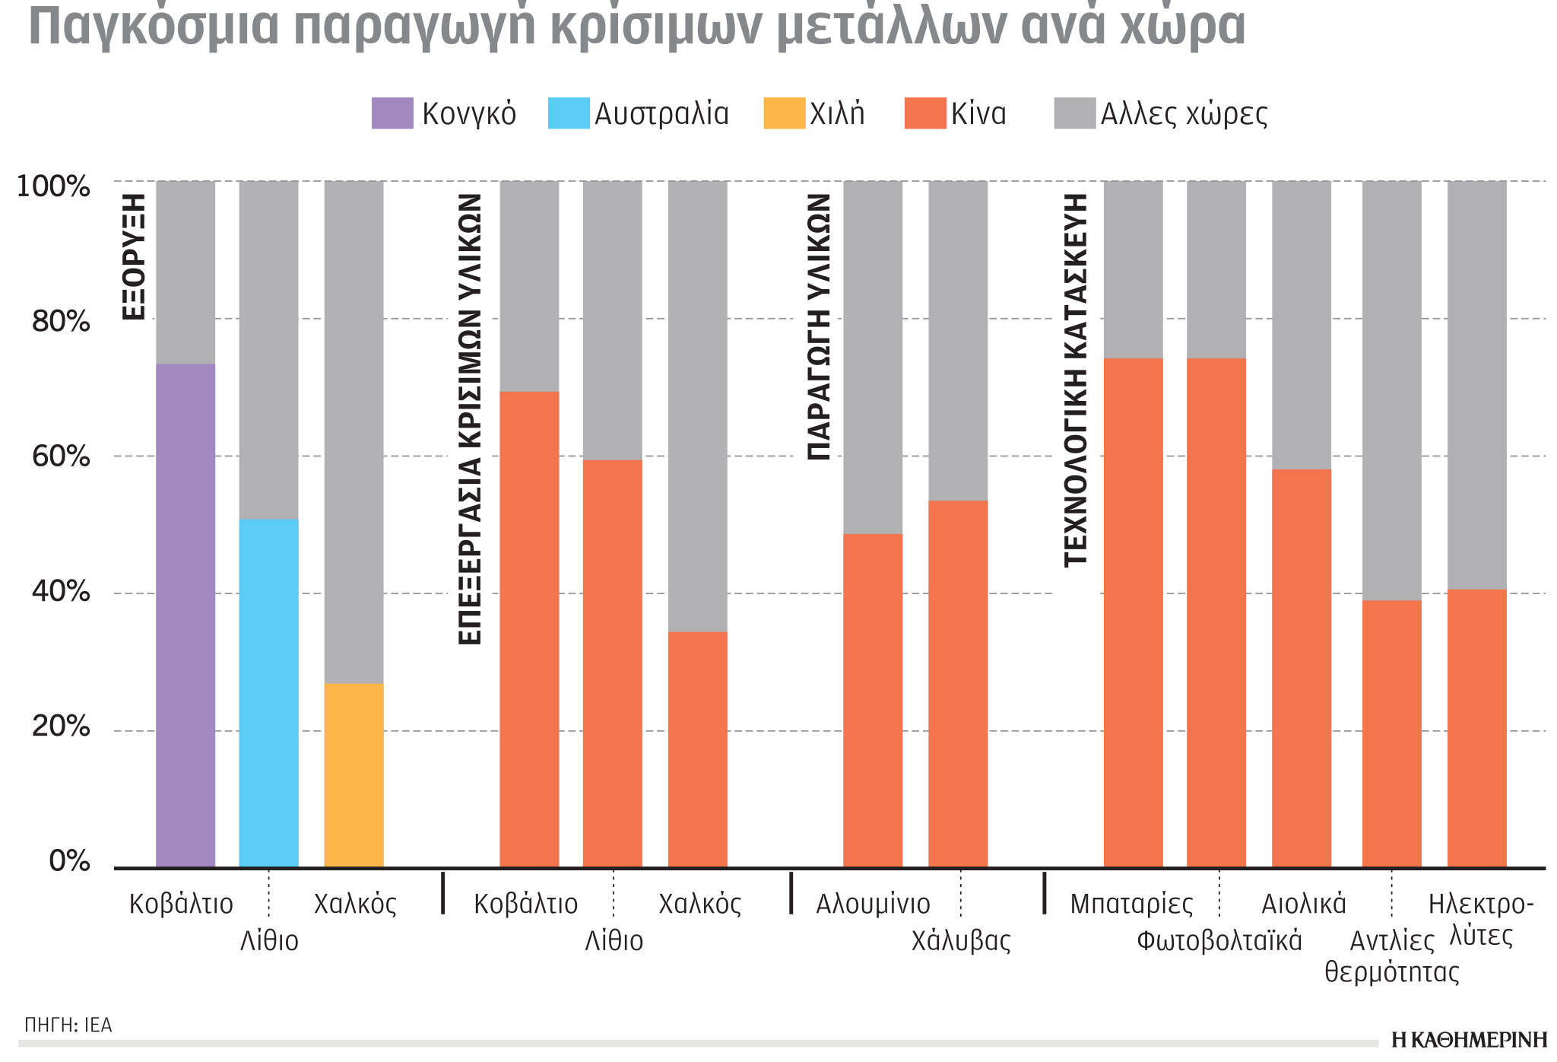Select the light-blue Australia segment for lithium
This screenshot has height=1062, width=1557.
(268, 692)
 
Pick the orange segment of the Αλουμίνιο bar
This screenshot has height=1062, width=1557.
(873, 700)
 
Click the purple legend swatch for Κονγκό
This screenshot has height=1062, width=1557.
(392, 113)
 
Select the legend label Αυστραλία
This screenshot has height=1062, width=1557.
(661, 114)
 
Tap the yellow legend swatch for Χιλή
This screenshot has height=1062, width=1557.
(784, 113)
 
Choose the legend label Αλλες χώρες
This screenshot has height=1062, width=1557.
(1184, 114)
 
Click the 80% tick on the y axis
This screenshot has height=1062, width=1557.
(61, 322)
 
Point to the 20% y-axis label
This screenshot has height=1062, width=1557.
(61, 727)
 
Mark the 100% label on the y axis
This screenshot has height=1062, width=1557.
(53, 186)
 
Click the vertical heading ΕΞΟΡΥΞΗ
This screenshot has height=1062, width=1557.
(134, 256)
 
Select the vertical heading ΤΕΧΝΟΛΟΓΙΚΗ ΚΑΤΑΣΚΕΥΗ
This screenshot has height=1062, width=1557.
(1075, 380)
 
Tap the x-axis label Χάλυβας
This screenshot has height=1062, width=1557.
(961, 941)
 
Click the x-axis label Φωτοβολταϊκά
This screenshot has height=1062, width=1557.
(1219, 941)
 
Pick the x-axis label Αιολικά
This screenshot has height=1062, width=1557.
(1304, 904)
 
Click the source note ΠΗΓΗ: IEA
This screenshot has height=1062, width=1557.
(68, 1025)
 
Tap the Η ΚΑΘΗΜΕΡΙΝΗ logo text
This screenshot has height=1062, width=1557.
(1469, 1040)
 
